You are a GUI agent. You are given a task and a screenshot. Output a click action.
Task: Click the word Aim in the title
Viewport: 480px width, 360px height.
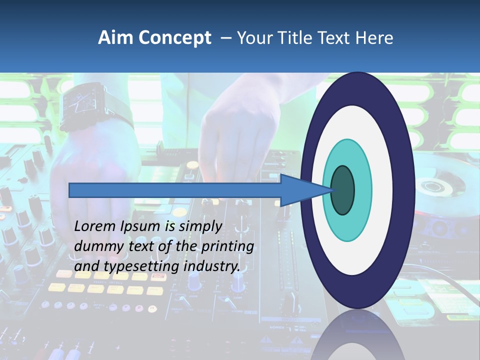(114, 38)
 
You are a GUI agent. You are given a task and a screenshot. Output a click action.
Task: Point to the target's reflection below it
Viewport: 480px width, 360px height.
(357, 335)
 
